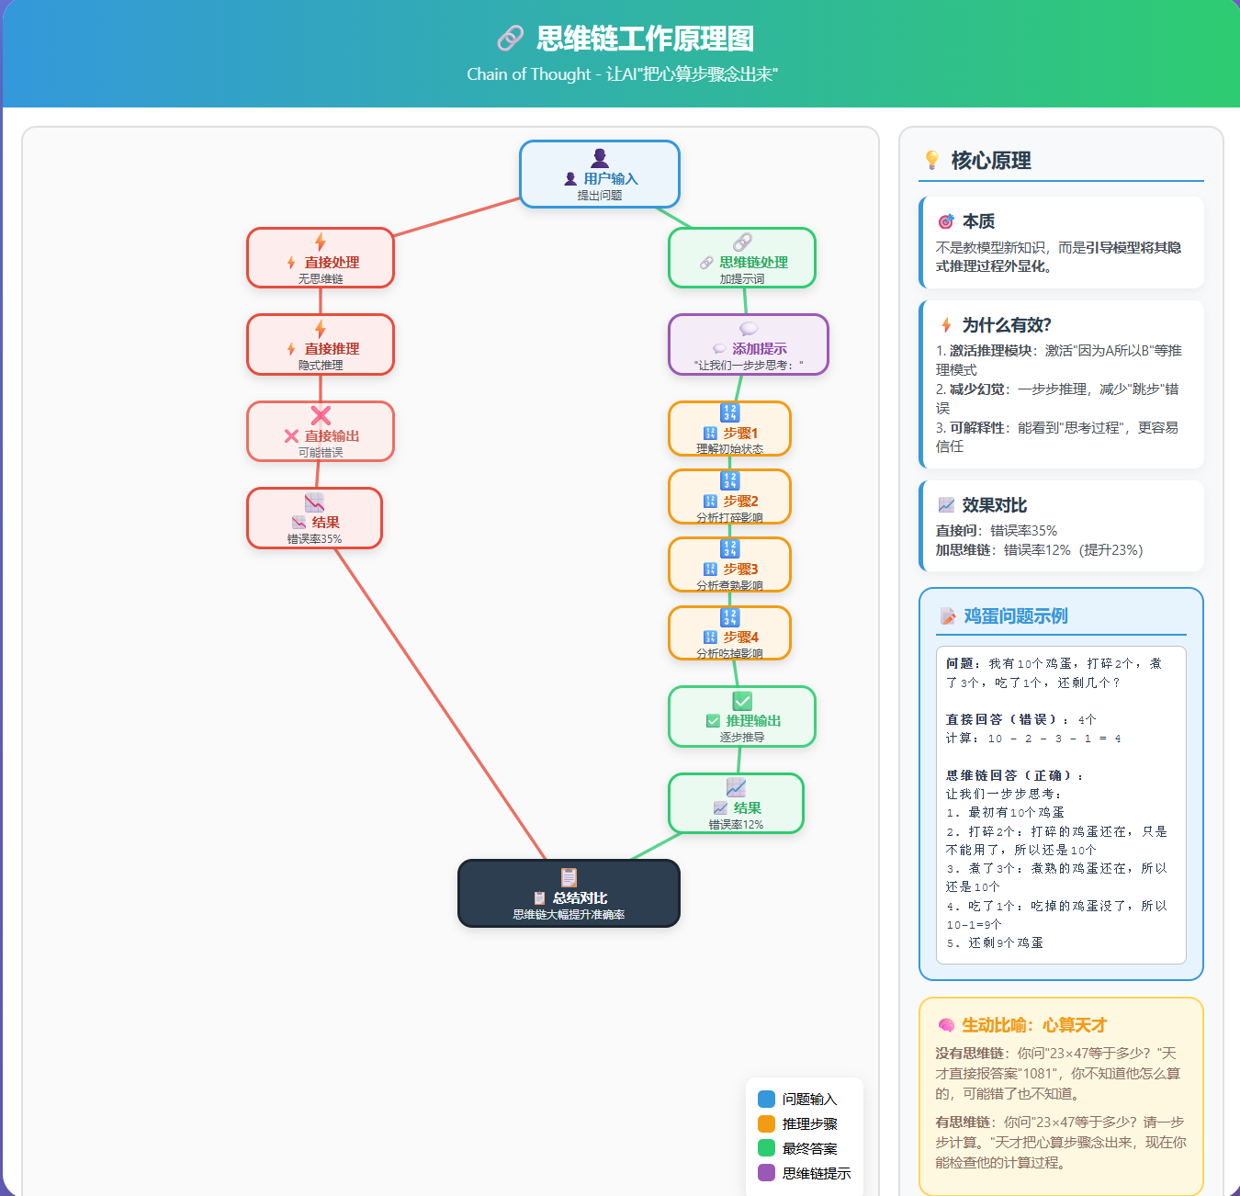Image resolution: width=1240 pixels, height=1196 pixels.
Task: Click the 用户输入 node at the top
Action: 600,175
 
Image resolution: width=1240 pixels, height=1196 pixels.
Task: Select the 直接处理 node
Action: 321,258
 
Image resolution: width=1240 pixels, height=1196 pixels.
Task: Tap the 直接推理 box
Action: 321,344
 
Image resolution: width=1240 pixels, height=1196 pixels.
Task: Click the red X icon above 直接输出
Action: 321,415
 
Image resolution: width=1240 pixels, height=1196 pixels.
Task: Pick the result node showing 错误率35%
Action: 314,518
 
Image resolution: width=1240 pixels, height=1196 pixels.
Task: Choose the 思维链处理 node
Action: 742,258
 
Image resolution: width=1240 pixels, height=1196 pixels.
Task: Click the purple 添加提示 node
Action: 749,344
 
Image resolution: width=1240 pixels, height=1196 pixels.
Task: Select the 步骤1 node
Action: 730,429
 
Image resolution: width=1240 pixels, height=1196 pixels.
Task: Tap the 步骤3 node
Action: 730,565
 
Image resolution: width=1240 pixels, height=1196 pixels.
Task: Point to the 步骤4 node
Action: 730,633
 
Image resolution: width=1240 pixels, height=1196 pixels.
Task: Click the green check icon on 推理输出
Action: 742,701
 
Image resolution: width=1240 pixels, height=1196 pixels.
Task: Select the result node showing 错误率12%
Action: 736,804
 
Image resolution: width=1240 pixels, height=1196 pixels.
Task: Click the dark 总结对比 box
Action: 569,894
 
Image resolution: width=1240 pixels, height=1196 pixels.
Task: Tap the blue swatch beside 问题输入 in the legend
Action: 767,1099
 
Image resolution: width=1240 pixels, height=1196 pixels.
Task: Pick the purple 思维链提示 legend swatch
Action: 767,1173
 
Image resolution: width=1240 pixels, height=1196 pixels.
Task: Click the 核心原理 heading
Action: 990,161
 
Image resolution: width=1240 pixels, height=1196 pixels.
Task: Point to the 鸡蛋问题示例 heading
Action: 1015,616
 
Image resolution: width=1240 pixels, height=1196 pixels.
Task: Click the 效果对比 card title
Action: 994,505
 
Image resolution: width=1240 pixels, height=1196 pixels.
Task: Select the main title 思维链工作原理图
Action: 645,39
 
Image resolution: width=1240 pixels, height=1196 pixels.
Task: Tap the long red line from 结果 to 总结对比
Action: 441,704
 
